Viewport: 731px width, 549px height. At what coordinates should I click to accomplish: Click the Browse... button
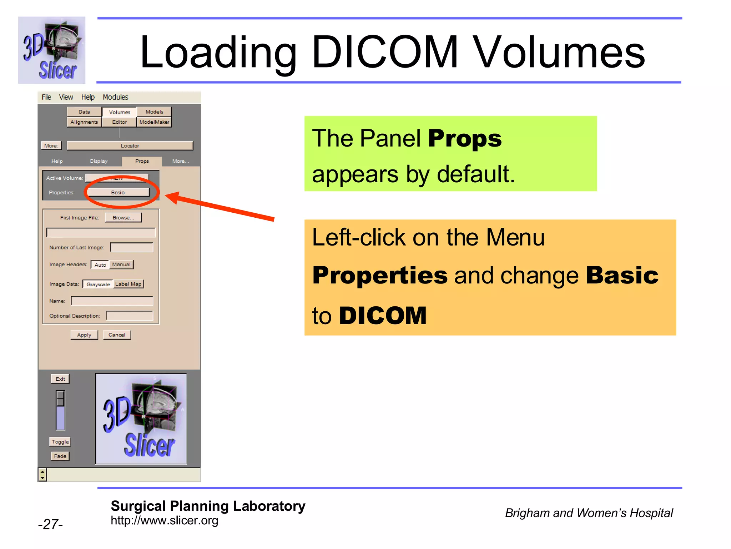click(123, 217)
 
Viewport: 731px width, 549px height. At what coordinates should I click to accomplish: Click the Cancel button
click(117, 335)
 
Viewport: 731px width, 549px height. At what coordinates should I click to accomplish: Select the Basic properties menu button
click(118, 192)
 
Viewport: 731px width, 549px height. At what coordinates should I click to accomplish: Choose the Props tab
click(142, 161)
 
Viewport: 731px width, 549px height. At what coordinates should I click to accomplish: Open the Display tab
click(99, 161)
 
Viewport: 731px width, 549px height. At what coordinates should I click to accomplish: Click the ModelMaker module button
click(154, 122)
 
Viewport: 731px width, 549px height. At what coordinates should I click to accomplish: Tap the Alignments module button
click(84, 122)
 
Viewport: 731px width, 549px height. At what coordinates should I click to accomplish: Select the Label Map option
click(128, 284)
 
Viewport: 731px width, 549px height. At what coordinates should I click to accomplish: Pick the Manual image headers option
click(121, 264)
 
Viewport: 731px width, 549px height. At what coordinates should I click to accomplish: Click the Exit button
click(60, 379)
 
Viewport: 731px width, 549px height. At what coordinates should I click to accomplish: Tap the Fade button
click(60, 456)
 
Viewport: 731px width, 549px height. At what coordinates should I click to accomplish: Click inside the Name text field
click(112, 301)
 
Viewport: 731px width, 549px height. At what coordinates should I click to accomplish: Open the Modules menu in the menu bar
click(115, 97)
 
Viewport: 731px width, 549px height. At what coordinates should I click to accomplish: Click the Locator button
click(130, 145)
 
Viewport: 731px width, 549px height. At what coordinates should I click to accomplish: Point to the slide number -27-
click(50, 524)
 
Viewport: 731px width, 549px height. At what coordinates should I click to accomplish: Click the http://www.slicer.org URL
click(164, 520)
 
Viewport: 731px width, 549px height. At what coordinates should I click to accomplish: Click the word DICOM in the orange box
click(383, 316)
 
